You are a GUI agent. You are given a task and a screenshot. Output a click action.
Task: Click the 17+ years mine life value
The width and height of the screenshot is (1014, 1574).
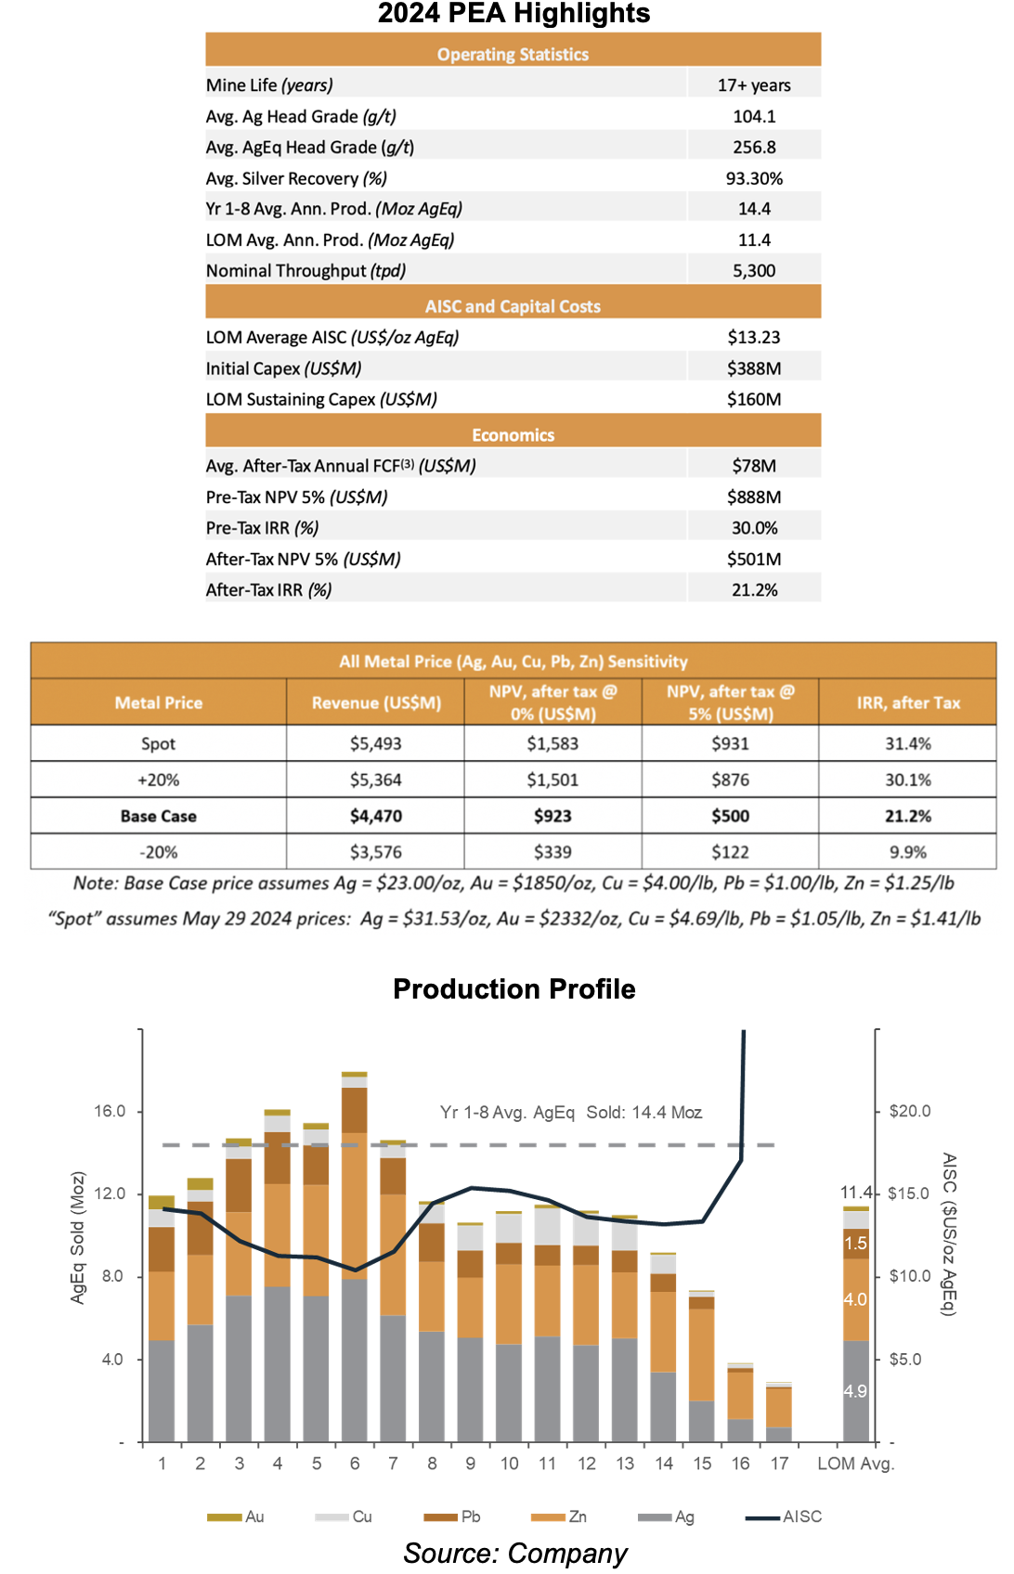[x=753, y=85]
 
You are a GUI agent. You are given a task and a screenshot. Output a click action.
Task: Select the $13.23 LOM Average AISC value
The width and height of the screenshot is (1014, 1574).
[x=753, y=337]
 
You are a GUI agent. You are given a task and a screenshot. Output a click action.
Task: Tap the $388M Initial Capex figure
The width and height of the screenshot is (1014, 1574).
[x=753, y=368]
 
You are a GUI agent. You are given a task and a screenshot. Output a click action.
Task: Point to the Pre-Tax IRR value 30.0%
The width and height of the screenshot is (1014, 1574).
[x=754, y=528]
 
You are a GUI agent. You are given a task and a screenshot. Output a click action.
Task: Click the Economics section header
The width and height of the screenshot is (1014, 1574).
[x=513, y=435]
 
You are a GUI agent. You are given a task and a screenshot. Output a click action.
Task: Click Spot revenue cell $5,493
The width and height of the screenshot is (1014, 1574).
[x=375, y=743]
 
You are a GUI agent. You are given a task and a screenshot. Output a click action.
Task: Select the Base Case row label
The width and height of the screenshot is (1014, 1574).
[x=158, y=816]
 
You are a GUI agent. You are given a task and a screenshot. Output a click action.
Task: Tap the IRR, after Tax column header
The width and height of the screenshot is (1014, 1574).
[x=908, y=703]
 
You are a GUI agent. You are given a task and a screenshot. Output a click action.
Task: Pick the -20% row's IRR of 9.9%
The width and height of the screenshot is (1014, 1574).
[x=908, y=852]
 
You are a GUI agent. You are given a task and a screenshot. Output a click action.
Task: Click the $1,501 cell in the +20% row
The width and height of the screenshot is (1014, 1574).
[x=552, y=780]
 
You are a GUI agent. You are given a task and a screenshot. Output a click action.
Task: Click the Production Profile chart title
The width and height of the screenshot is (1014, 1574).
[x=514, y=988]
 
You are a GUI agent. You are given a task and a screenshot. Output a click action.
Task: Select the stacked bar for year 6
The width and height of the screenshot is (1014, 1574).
[x=355, y=1257]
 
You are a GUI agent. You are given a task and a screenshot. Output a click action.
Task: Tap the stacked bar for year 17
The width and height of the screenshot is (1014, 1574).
[x=779, y=1413]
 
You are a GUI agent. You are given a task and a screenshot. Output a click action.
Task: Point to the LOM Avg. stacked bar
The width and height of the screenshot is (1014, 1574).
[x=856, y=1324]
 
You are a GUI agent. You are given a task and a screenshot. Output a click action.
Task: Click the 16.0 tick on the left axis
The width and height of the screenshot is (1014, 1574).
[x=110, y=1111]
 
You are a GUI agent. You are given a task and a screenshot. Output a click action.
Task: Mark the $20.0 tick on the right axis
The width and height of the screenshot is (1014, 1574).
[x=910, y=1111]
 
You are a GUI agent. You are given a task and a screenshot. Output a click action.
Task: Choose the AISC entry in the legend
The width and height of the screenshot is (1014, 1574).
[x=784, y=1516]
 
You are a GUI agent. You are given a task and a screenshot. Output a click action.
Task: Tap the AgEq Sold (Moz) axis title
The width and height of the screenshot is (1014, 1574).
[x=77, y=1237]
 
